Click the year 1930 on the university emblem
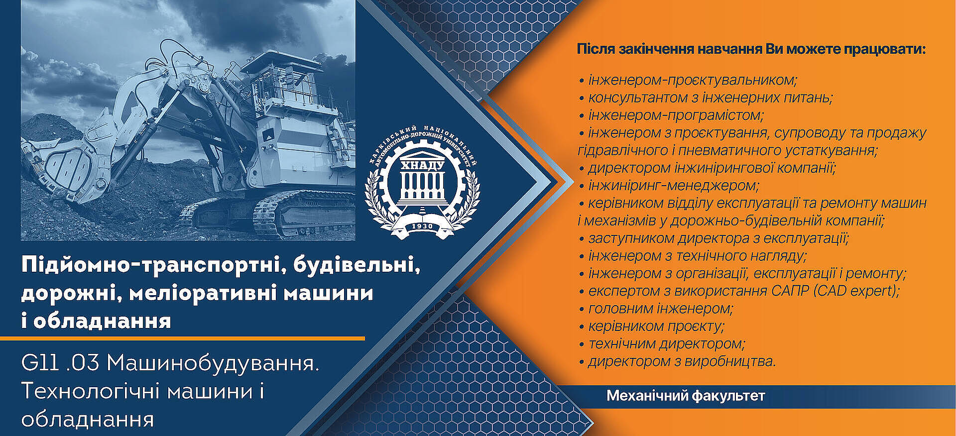[422, 226]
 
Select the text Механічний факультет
[686, 396]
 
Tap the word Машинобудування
[213, 364]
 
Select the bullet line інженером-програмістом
[671, 115]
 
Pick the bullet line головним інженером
[656, 309]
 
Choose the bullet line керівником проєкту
[652, 327]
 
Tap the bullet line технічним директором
[662, 344]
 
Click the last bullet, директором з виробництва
[678, 361]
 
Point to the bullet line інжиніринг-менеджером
[669, 186]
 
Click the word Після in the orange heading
[595, 49]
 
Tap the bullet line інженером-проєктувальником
[688, 80]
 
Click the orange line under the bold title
[182, 338]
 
